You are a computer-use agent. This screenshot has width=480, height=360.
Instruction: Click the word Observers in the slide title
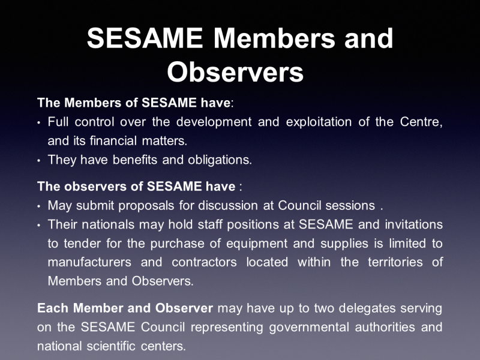(235, 72)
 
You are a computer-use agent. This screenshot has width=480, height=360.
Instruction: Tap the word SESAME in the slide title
(145, 38)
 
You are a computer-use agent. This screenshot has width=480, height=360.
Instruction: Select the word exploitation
(319, 122)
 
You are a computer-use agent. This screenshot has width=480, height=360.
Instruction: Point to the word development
(214, 122)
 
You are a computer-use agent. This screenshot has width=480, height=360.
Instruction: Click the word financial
(113, 141)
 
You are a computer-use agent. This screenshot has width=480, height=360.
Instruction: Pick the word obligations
(220, 160)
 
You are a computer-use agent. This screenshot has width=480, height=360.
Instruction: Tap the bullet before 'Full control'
(38, 123)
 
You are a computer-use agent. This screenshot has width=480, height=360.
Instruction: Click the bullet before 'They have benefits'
(38, 160)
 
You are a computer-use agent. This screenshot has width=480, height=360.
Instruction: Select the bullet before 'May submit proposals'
(38, 206)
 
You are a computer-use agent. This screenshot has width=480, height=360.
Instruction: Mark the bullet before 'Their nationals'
(38, 226)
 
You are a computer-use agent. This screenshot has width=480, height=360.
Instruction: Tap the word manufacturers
(89, 262)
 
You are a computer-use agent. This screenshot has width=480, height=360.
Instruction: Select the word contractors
(204, 262)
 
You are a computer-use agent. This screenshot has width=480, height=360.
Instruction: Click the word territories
(395, 262)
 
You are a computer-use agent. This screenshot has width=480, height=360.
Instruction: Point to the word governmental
(309, 328)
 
